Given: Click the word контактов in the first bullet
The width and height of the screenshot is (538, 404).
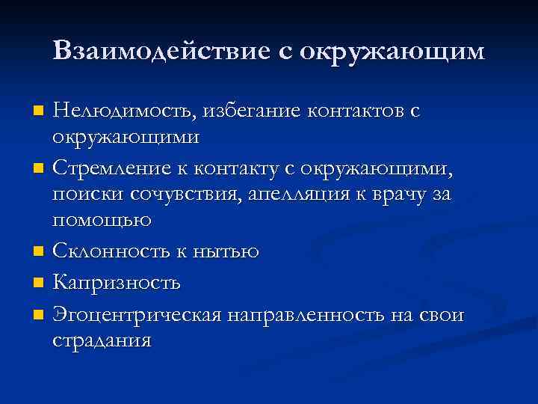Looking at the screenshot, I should (x=354, y=111).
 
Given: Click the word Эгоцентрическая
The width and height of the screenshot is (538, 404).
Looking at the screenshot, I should (x=137, y=314).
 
